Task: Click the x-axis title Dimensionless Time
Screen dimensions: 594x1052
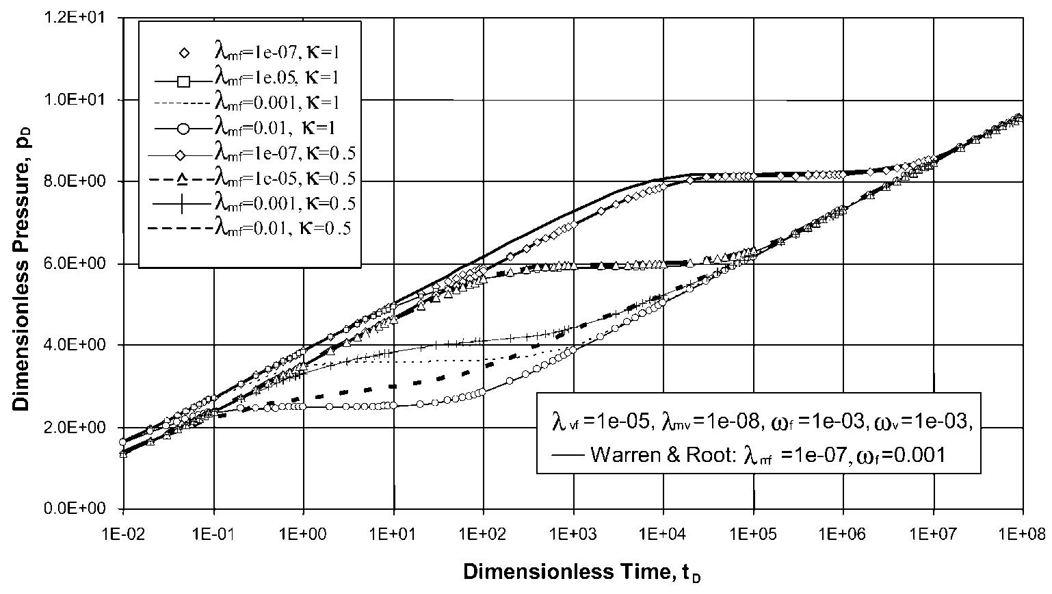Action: [582, 572]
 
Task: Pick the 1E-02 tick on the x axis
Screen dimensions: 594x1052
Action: [123, 530]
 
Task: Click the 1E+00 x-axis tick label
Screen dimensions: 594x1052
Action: [303, 530]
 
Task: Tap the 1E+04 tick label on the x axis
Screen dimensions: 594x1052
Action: [663, 530]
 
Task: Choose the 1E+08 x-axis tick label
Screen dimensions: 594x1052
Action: [1022, 530]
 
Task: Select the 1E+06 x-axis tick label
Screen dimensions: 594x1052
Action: [843, 530]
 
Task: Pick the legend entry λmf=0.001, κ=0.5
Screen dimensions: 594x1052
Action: [285, 203]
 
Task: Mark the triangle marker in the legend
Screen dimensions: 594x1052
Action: [183, 179]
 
